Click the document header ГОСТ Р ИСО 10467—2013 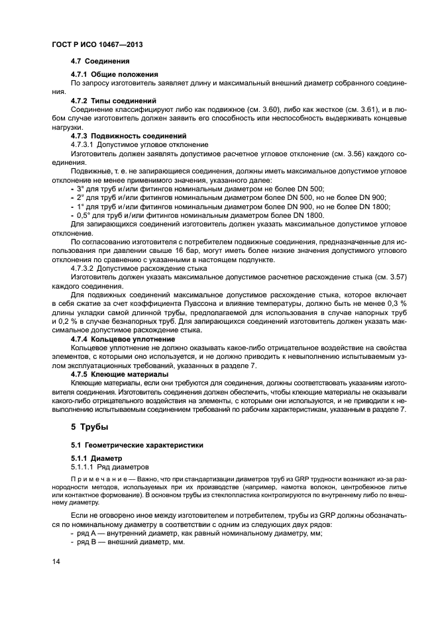click(x=97, y=44)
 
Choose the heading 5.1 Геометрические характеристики click(x=128, y=444)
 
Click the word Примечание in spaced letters click(x=96, y=478)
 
